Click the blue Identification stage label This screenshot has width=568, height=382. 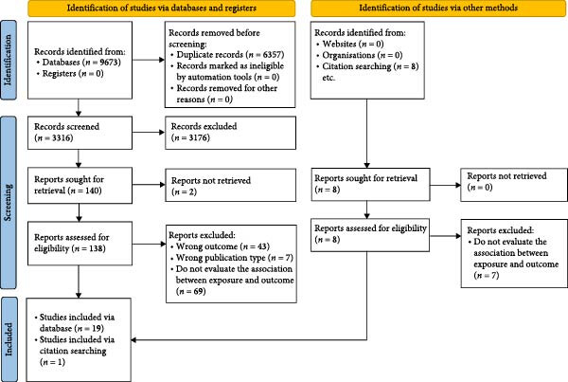[8, 60]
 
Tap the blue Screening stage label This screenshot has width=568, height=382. [8, 203]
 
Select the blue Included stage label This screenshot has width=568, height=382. [8, 339]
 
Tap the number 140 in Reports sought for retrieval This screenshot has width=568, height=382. [92, 191]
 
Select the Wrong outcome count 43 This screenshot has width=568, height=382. [262, 246]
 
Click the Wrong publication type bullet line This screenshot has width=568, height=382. [232, 258]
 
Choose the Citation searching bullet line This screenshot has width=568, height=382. [367, 66]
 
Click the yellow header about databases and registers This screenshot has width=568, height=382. [162, 8]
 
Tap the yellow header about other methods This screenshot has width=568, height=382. [438, 8]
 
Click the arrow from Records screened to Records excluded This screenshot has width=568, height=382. [149, 133]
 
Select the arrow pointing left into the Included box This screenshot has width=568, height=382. [249, 340]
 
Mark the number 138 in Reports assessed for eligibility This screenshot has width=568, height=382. [97, 248]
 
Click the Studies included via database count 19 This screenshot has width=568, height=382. [97, 328]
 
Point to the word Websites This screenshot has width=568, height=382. [340, 44]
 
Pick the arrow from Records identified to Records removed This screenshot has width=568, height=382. [149, 60]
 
